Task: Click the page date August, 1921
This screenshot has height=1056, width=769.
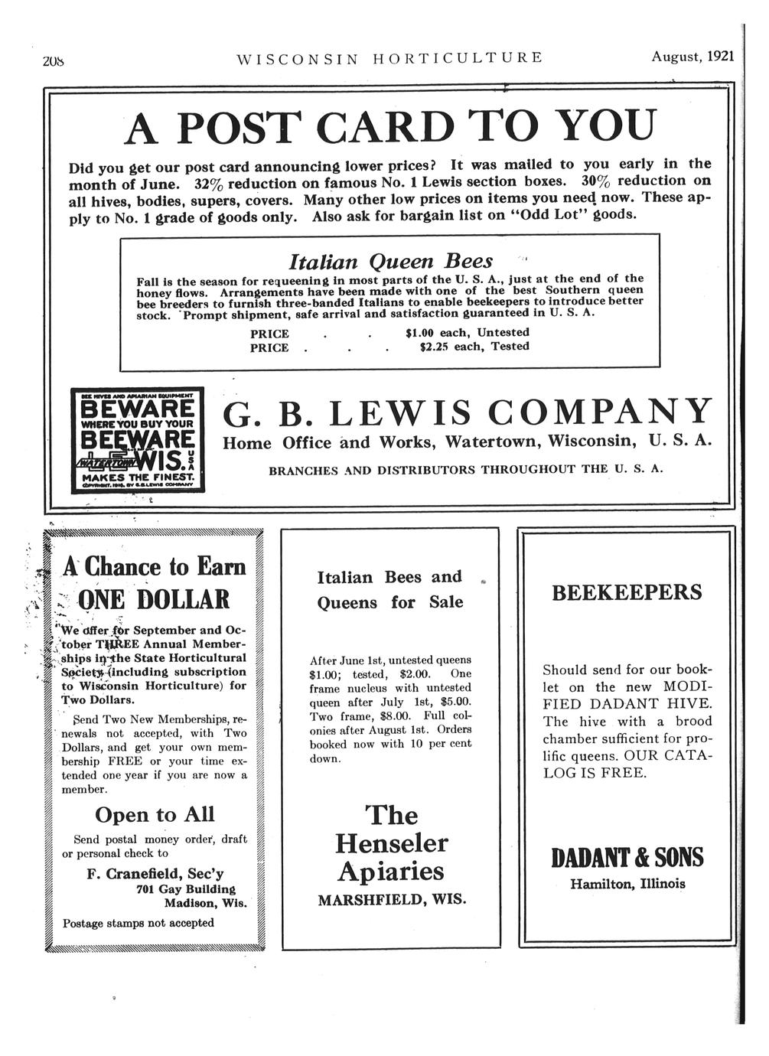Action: pos(692,57)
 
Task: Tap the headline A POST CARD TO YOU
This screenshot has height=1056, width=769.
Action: pos(389,126)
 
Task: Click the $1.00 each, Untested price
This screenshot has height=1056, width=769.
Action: pos(467,332)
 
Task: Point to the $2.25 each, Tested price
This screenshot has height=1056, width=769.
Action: pos(474,347)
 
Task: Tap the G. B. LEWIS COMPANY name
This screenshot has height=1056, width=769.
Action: pos(468,412)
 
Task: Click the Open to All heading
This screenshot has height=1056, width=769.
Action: pos(155,813)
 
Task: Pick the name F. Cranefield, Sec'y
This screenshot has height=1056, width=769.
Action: pos(155,873)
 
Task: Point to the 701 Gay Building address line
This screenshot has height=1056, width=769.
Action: pos(186,888)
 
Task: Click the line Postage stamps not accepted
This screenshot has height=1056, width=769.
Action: pos(138,923)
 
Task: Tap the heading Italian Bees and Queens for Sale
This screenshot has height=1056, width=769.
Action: pos(390,589)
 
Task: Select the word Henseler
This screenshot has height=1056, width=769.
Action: pos(391,843)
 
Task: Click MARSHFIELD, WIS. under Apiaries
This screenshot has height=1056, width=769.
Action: pos(392,899)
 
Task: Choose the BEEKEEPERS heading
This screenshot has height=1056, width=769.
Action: pos(627,592)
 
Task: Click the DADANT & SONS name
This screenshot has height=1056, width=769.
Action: pos(627,858)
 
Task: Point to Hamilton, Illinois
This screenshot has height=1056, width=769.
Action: pos(627,884)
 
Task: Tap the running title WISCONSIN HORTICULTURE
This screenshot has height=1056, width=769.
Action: pos(390,57)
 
